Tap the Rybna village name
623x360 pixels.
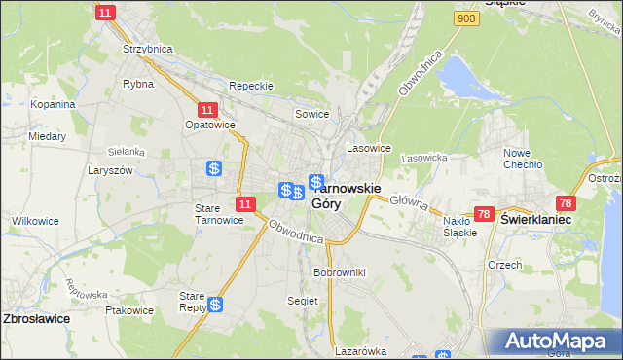137,84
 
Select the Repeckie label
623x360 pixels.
251,86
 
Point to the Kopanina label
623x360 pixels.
53,104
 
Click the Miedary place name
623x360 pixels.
47,136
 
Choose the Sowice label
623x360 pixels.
312,114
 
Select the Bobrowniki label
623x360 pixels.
339,272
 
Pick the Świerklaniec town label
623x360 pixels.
534,221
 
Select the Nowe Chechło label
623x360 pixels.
522,159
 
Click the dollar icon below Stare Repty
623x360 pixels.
216,305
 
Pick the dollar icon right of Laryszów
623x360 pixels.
213,168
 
